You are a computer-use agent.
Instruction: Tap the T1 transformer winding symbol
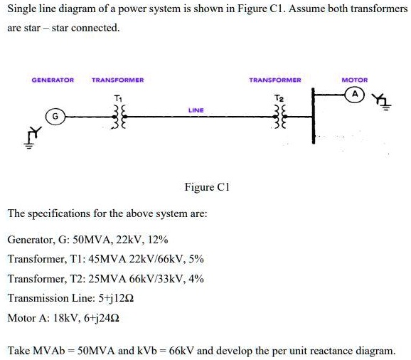[118, 115]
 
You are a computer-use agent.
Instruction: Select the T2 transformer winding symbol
[279, 115]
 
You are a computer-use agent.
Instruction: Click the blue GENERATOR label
[53, 80]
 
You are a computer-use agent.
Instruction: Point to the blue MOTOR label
[354, 80]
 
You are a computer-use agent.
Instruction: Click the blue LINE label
[196, 110]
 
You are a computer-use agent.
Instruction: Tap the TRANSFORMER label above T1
[118, 80]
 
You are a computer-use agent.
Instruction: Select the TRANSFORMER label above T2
[275, 80]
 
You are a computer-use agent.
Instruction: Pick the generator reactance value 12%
[158, 240]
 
